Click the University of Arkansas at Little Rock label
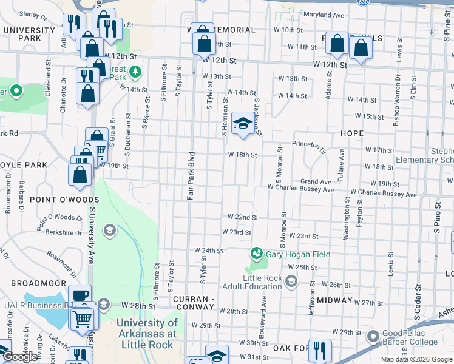point(147,334)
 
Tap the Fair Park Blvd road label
point(190,176)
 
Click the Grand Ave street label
point(316,181)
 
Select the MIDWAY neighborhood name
point(330,300)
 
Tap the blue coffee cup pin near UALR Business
point(80,295)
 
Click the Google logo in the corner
point(21,357)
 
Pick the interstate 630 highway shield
point(362,2)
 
